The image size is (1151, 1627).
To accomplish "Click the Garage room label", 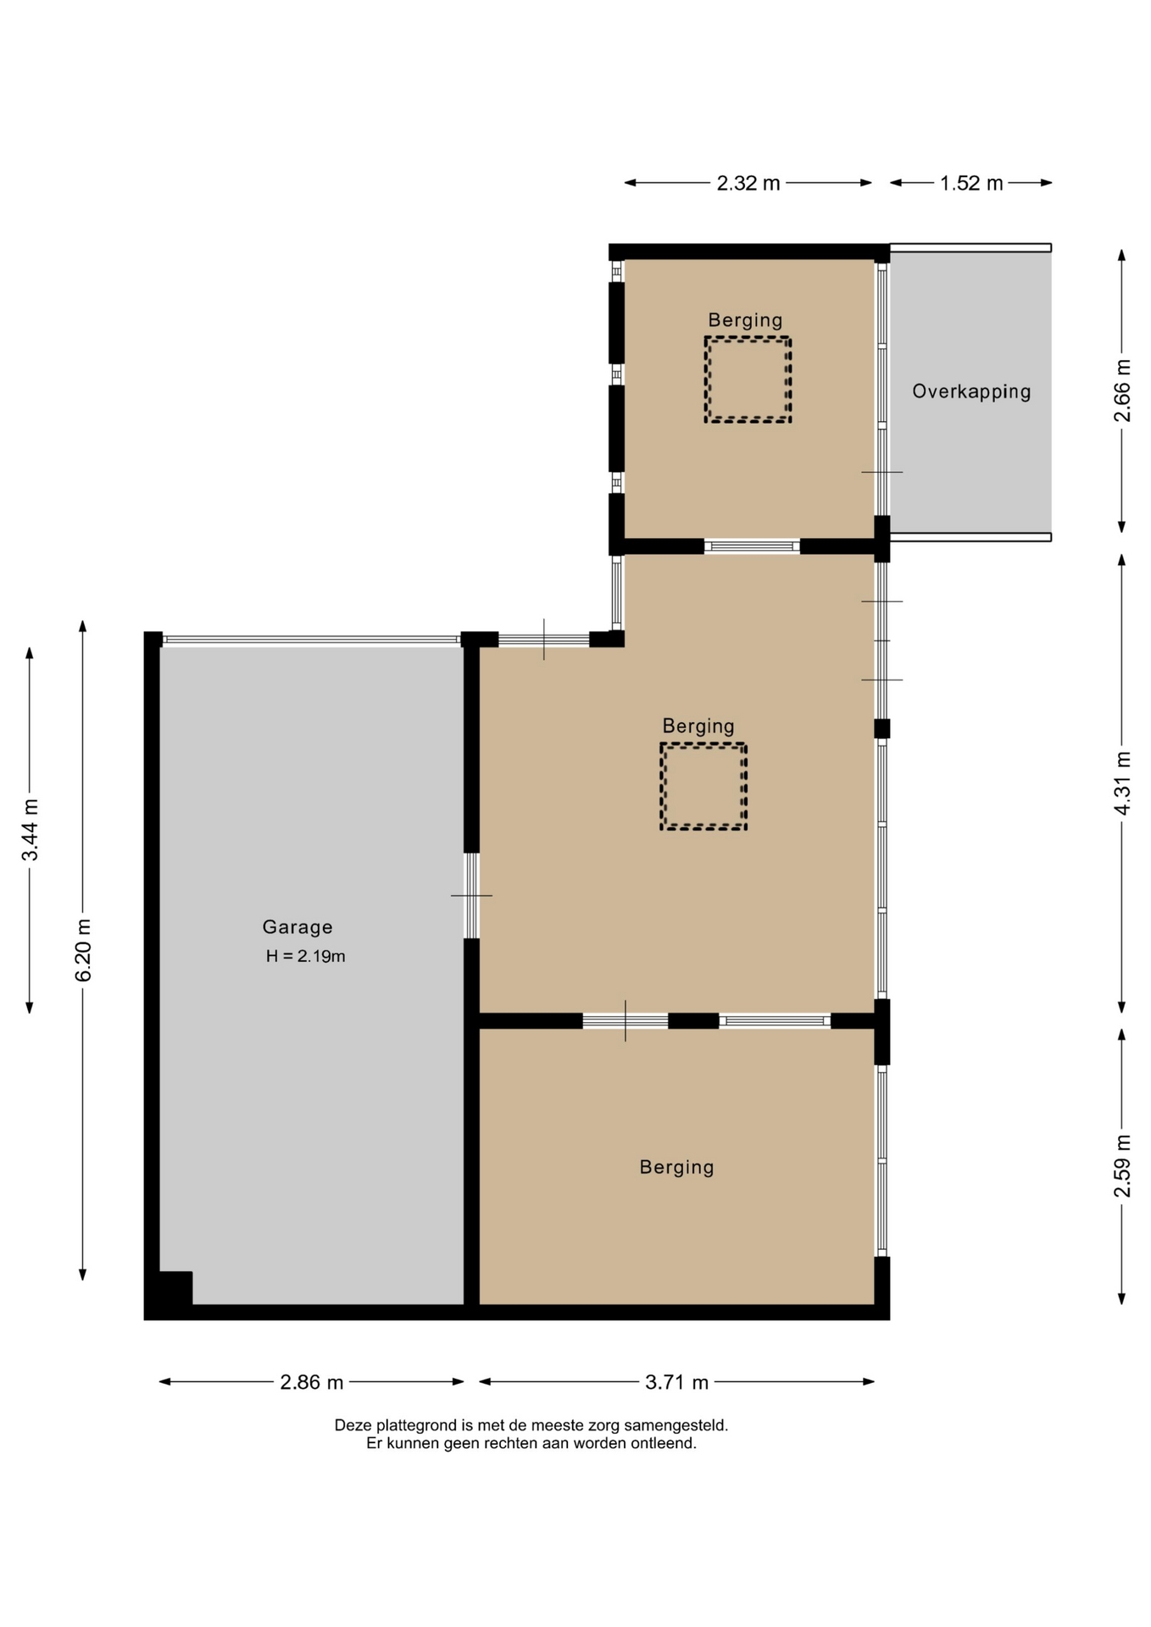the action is [x=297, y=927].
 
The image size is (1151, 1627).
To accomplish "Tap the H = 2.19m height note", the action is [x=305, y=957].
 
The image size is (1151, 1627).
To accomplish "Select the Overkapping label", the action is [x=971, y=391].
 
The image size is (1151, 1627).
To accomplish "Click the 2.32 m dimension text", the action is [x=748, y=183].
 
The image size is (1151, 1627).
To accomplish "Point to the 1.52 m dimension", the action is [x=971, y=183].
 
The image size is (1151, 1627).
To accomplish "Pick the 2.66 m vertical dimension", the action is [x=1122, y=391].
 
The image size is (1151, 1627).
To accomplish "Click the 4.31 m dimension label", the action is [x=1122, y=783].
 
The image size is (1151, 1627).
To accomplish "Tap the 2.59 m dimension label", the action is [x=1122, y=1167].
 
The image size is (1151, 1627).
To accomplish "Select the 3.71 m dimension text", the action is [x=676, y=1382].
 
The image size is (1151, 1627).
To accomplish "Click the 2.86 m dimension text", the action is [x=312, y=1382].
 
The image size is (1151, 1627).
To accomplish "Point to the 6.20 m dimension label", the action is [x=83, y=950].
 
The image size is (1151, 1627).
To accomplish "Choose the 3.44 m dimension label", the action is [x=30, y=830].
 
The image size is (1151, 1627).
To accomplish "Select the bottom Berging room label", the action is [x=676, y=1168].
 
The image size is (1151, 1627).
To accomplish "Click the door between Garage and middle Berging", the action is [x=471, y=896].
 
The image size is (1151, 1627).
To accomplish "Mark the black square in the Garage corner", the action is [x=175, y=1288].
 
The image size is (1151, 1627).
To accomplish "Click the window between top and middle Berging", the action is [x=752, y=547].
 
